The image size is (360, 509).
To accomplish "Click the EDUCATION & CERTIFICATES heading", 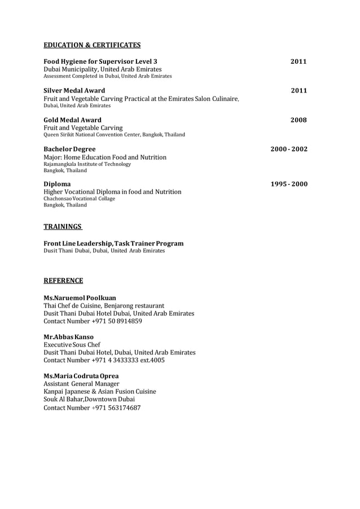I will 92,45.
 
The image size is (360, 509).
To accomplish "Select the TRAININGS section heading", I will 63,227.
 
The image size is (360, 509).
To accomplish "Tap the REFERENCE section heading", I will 63,280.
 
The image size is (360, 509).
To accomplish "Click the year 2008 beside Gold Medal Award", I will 298,120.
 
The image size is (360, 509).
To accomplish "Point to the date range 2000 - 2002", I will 289,150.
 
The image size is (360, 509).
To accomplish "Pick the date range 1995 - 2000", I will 289,185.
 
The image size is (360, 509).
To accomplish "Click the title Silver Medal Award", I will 74,90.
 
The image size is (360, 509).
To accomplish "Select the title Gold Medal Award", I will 73,120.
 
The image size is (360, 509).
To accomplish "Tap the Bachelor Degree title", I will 69,150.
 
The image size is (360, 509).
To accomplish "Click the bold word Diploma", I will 58,185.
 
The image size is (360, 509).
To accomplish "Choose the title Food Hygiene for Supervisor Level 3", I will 100,61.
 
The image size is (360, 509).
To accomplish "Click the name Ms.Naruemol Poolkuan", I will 80,297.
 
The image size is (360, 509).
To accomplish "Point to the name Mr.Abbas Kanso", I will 69,337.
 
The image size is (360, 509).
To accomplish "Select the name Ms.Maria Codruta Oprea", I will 81,375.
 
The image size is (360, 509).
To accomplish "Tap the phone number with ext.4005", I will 128,360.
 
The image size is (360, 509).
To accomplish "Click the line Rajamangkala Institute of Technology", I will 87,164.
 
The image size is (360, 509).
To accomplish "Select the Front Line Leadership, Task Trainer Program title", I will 113,243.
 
